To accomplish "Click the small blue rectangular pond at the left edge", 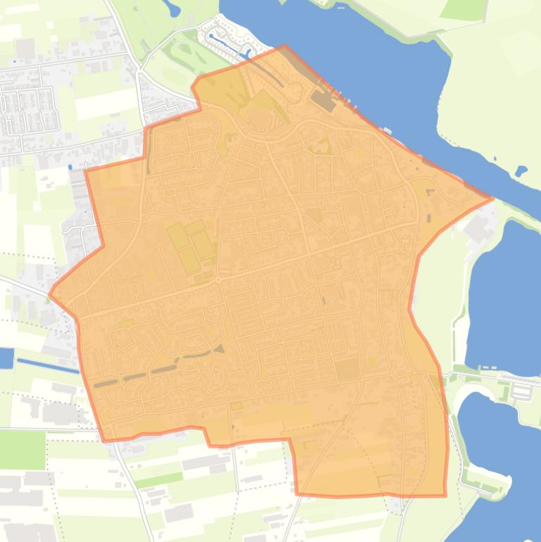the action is click(6, 358).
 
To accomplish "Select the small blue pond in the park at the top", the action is click(172, 8).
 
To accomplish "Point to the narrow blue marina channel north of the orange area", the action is click(229, 44).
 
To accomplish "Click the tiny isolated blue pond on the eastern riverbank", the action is click(521, 171).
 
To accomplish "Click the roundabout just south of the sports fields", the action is click(218, 280).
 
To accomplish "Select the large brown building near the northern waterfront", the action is click(324, 101).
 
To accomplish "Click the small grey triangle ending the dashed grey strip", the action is click(219, 348).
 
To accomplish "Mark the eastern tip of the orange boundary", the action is click(492, 198).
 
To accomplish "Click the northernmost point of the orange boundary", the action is click(284, 46).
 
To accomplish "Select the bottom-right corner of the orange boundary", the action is click(445, 496).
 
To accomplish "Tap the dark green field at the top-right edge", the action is click(464, 8).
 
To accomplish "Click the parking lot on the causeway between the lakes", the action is click(522, 387).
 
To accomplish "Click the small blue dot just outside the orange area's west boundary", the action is click(70, 167).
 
